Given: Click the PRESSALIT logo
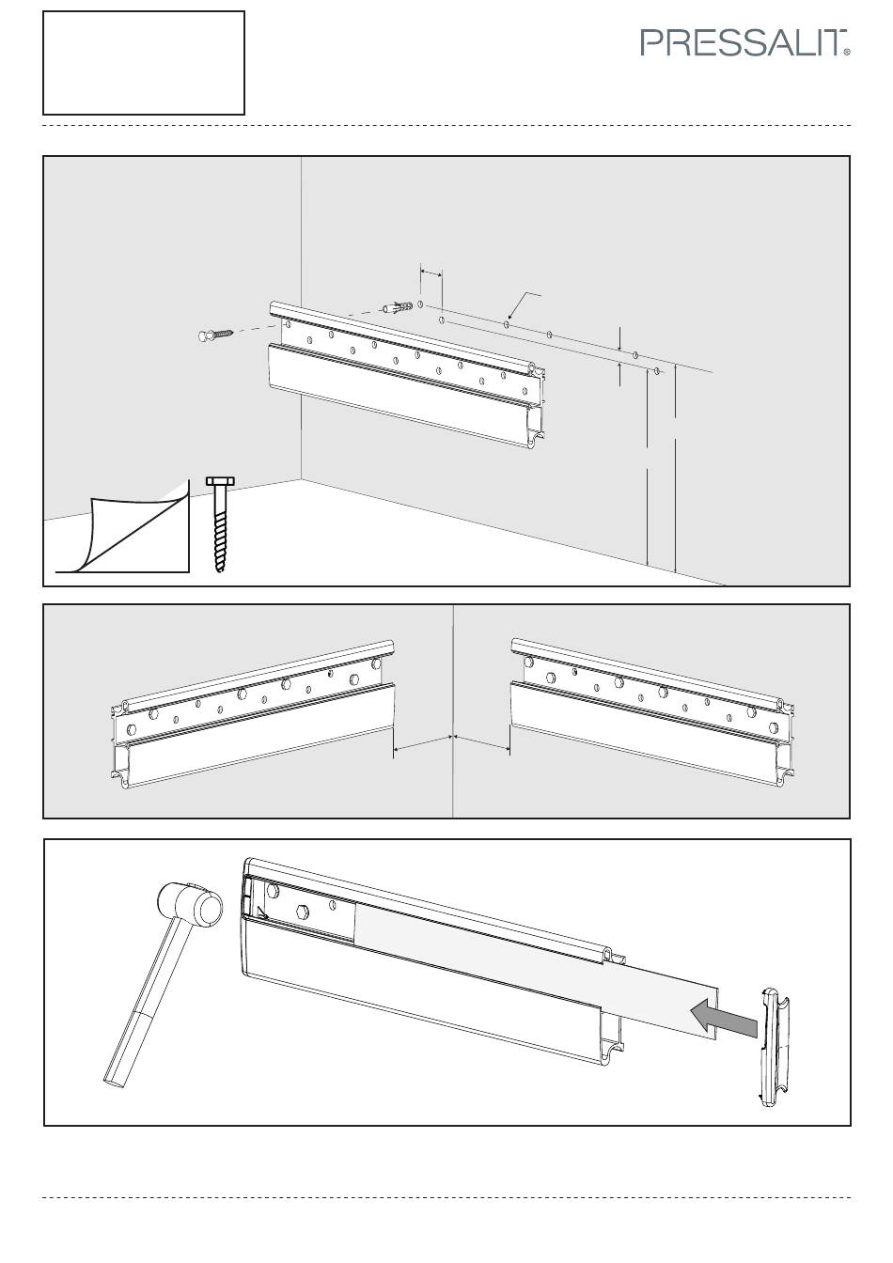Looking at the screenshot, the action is (744, 43).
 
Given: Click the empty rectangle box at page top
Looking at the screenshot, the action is (144, 63).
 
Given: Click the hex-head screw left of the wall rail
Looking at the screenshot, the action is (216, 335).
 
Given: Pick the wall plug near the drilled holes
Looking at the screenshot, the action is (397, 308).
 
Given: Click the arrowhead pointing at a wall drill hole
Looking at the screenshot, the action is (509, 317).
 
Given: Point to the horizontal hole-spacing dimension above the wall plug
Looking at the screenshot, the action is (431, 273).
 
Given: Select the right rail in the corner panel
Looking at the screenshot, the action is (652, 712).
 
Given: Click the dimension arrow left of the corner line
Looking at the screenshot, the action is (422, 742).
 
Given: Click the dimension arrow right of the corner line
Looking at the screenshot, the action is (482, 742).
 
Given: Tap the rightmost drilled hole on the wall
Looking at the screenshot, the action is (657, 371).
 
